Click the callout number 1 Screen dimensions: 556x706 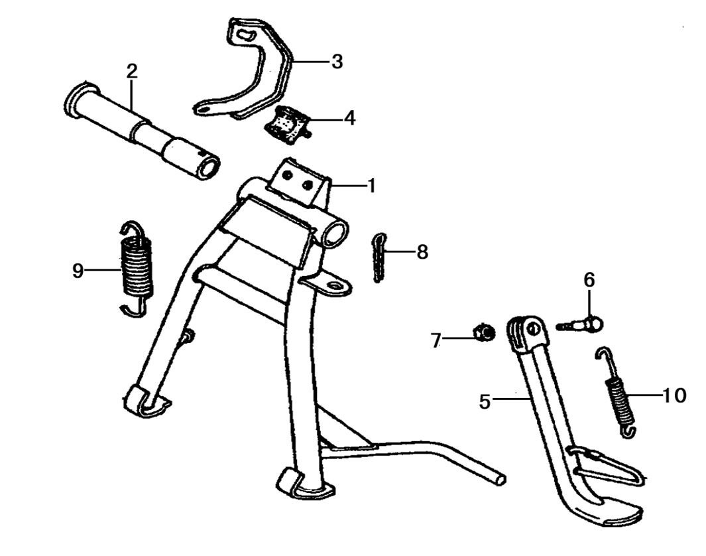(371, 186)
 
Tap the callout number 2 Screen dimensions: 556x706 (132, 72)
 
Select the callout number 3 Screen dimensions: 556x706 (337, 62)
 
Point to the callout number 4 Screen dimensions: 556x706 (349, 119)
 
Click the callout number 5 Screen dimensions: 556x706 (485, 401)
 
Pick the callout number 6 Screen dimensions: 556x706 (589, 280)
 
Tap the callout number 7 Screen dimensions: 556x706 (436, 341)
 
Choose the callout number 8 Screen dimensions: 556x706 (422, 252)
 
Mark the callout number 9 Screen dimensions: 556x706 (78, 271)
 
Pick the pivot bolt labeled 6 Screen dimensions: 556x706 (583, 324)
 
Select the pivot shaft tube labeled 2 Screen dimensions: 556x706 (142, 129)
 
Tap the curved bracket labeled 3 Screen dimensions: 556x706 (265, 73)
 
